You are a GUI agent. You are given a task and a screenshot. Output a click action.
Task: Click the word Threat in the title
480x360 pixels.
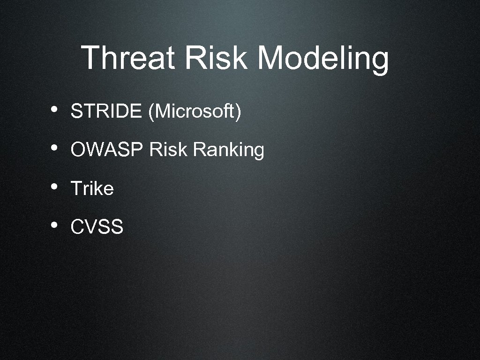click(127, 58)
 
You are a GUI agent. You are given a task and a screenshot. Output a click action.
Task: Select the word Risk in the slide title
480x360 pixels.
click(216, 58)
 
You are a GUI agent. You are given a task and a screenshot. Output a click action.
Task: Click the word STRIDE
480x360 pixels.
click(106, 112)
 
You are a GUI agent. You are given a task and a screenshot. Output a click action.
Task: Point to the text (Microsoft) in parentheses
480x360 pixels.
click(195, 112)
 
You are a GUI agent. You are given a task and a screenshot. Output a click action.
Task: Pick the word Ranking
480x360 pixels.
click(228, 151)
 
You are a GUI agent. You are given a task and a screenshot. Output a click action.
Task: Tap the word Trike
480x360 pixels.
click(92, 188)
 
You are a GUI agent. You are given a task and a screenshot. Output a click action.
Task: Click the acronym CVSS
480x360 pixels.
click(97, 227)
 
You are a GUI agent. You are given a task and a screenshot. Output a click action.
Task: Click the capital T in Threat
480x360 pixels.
click(91, 58)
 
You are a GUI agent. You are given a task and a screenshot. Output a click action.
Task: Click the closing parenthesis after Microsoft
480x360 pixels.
click(239, 112)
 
